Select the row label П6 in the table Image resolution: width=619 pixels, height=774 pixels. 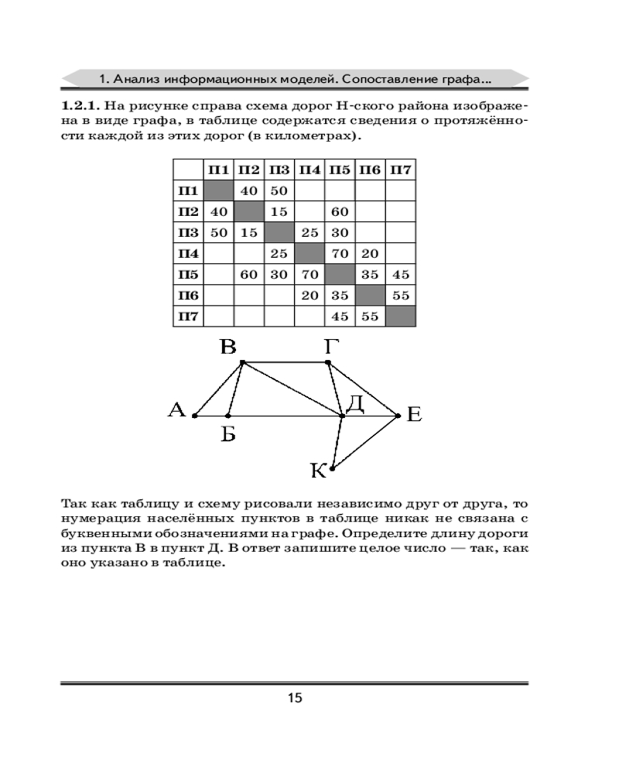[x=187, y=295]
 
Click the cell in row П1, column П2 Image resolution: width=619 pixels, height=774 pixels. [x=248, y=190]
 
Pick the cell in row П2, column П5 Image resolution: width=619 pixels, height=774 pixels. [x=340, y=211]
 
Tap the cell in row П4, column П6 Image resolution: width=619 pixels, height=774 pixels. [x=370, y=253]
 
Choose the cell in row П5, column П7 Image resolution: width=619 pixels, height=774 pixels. [x=400, y=274]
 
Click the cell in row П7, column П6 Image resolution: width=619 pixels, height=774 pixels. [x=370, y=316]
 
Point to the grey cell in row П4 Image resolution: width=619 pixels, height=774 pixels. [x=309, y=253]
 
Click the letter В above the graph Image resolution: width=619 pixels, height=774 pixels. [x=227, y=347]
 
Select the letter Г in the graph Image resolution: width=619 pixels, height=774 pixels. [x=330, y=347]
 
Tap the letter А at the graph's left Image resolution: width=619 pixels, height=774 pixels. [x=176, y=409]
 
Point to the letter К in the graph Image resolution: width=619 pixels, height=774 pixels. [x=317, y=470]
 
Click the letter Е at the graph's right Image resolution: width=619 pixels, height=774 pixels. [x=414, y=416]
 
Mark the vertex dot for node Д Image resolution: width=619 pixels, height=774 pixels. [x=343, y=416]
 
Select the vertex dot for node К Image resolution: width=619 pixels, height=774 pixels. [x=332, y=467]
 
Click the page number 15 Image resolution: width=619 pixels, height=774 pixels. [x=295, y=698]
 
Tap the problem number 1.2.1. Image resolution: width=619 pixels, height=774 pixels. [x=80, y=104]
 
